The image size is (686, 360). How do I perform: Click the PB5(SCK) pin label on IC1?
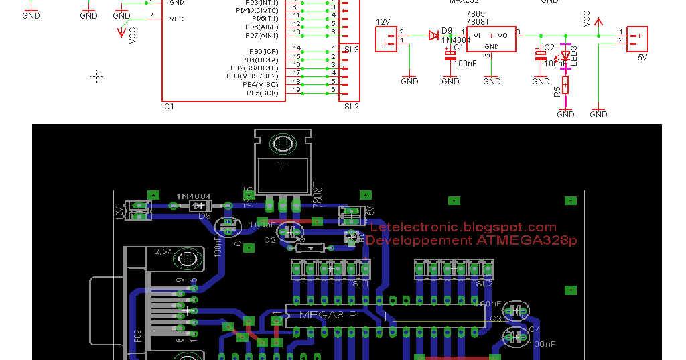[x=262, y=93]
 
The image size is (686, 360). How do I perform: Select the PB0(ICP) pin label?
[x=263, y=51]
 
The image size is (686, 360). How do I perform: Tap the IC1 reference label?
[x=168, y=106]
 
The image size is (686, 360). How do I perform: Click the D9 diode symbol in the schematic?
[x=434, y=36]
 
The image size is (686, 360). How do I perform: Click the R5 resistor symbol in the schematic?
[x=566, y=85]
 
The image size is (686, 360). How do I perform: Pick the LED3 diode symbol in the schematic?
[x=565, y=56]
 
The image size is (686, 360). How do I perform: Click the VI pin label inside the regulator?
[x=477, y=35]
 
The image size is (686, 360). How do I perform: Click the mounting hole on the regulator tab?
[x=283, y=143]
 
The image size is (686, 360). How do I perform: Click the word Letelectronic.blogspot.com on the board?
[x=463, y=227]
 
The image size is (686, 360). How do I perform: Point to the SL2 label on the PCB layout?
[x=484, y=283]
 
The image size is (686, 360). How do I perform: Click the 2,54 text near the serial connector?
[x=163, y=251]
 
